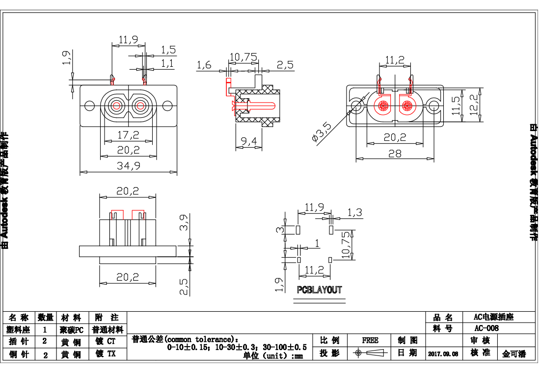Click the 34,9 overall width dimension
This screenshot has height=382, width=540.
pos(128,166)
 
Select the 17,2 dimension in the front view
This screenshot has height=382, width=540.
pos(128,134)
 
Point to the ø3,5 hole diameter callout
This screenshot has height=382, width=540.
pos(322,132)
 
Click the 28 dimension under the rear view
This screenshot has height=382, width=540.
pos(395,153)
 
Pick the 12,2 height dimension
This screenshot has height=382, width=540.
pos(474,104)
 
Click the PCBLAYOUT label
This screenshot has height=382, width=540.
pos(319,290)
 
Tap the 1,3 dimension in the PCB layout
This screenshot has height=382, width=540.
pos(354,212)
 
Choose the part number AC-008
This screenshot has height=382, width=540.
pos(486,328)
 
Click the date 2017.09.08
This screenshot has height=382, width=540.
pos(443,354)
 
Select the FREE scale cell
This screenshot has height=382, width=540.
pos(370,340)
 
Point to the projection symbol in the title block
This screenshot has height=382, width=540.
pos(370,353)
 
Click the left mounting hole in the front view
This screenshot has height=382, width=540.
pos(89,106)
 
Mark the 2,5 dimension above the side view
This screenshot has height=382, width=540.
pos(285,64)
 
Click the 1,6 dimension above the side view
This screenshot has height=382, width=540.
pos(204,64)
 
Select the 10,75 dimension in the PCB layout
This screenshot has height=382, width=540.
pos(346,245)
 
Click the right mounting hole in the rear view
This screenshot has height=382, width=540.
pos(433,106)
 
